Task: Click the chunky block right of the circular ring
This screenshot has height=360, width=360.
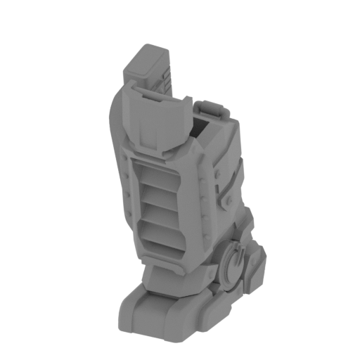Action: [x=255, y=267]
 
